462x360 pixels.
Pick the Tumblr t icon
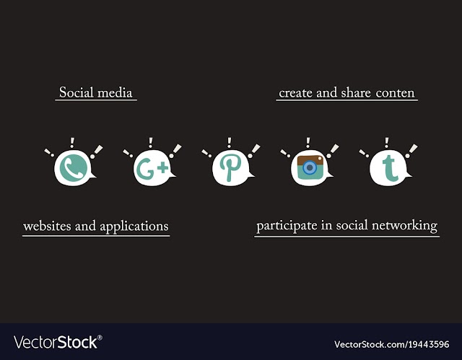[390, 168]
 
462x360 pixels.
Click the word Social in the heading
[76, 92]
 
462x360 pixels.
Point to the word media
[115, 93]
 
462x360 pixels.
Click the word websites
[47, 227]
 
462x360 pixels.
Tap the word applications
[134, 227]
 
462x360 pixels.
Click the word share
[356, 93]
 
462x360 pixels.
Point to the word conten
[395, 93]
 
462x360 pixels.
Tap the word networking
[404, 226]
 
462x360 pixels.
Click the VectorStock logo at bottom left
[58, 342]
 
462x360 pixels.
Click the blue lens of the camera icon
[310, 168]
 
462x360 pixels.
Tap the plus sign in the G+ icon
[162, 168]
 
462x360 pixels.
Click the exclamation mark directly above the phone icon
[72, 143]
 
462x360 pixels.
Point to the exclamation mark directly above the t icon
[387, 143]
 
